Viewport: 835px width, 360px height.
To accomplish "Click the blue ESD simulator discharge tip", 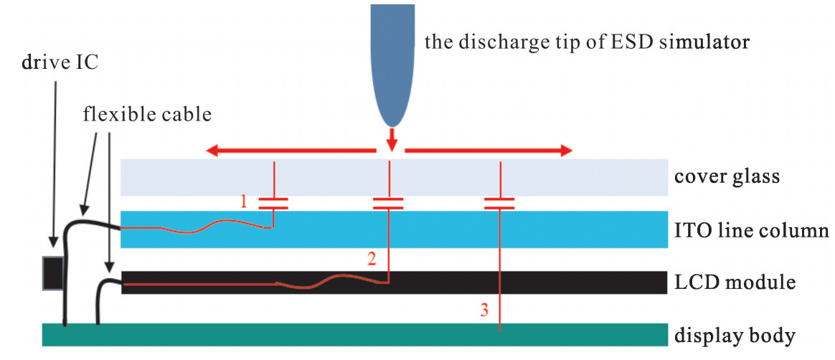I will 392,65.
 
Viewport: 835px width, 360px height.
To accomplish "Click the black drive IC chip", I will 53,273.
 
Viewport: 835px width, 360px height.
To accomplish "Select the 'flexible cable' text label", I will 148,114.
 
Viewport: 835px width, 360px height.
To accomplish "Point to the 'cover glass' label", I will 727,176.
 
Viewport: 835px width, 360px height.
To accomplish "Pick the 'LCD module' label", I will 735,283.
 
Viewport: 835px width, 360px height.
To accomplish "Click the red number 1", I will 244,202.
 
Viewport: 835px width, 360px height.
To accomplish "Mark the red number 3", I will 484,311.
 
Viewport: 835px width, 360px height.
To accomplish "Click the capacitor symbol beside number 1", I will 273,203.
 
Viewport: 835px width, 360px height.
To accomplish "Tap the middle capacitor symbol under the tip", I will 388,203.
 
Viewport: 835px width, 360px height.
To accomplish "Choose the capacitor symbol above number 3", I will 500,203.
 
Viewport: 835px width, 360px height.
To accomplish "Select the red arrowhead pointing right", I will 566,151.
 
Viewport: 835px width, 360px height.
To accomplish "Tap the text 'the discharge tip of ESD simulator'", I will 587,42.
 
